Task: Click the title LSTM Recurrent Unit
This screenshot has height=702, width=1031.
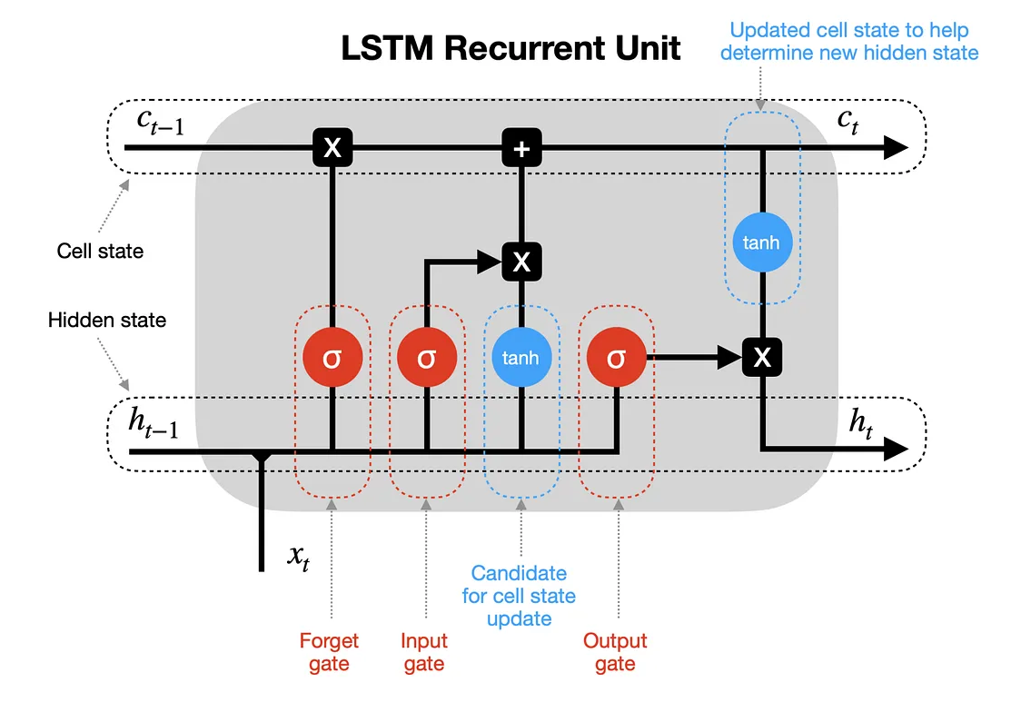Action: pyautogui.click(x=511, y=47)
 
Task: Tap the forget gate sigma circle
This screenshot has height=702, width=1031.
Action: pyautogui.click(x=332, y=357)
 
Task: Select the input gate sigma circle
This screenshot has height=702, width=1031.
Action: pyautogui.click(x=426, y=357)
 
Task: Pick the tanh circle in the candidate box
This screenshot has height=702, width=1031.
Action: pyautogui.click(x=520, y=357)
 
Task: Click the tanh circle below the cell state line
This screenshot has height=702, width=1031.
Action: pyautogui.click(x=762, y=243)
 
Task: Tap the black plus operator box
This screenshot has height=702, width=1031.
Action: pyautogui.click(x=520, y=148)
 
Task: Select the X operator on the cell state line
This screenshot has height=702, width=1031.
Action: pyautogui.click(x=332, y=148)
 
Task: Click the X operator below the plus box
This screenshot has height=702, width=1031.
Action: pyautogui.click(x=520, y=262)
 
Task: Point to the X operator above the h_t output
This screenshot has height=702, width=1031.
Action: pyautogui.click(x=762, y=358)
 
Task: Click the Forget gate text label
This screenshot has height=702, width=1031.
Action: pyautogui.click(x=329, y=652)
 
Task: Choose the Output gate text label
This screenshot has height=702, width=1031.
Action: pyautogui.click(x=615, y=652)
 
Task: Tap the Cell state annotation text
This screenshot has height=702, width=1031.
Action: pyautogui.click(x=100, y=251)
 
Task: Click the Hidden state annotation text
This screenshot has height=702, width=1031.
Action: pyautogui.click(x=107, y=321)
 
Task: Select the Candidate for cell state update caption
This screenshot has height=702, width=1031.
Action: pyautogui.click(x=519, y=596)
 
